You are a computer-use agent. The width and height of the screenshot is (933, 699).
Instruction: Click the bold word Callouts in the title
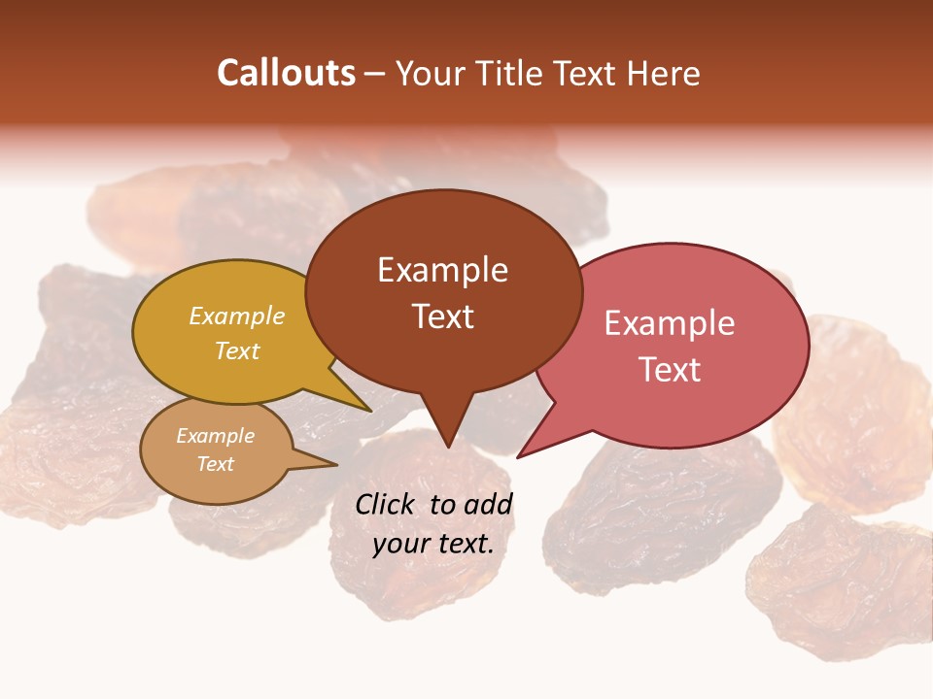[x=286, y=74]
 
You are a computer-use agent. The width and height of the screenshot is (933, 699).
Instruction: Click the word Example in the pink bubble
[x=670, y=323]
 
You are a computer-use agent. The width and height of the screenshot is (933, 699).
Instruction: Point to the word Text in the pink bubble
[x=670, y=370]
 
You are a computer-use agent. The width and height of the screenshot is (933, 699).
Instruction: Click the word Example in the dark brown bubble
[x=442, y=270]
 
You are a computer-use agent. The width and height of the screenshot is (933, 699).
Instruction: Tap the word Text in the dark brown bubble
[x=442, y=316]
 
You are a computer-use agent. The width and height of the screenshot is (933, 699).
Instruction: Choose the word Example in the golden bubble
[x=237, y=316]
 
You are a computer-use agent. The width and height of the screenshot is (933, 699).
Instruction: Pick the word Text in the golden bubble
[x=237, y=350]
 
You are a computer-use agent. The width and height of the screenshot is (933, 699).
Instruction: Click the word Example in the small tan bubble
[x=216, y=436]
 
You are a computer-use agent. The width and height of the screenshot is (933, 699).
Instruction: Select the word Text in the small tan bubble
[x=216, y=464]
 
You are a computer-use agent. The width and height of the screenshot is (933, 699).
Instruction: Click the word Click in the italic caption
[x=387, y=504]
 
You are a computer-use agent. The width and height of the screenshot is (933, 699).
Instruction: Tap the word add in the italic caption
[x=488, y=504]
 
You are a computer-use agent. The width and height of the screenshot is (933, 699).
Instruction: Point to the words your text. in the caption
[x=433, y=544]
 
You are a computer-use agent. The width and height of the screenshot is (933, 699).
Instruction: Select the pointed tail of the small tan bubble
[x=326, y=464]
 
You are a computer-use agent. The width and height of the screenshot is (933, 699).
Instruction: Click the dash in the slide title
[x=376, y=74]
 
